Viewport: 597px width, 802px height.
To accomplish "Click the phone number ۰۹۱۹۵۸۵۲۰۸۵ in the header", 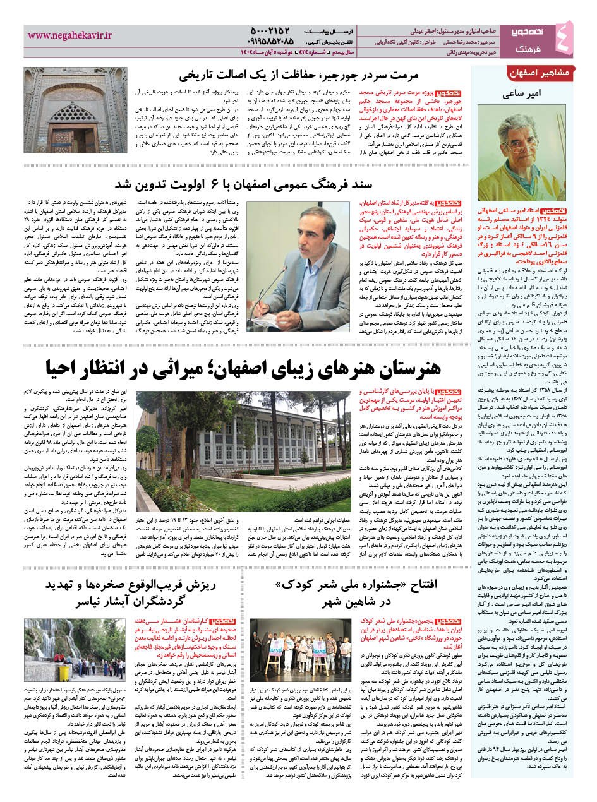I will point(270,41).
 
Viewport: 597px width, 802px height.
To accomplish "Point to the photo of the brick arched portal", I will point(57,110).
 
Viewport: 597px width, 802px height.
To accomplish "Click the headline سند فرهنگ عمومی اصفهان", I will point(284,184).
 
